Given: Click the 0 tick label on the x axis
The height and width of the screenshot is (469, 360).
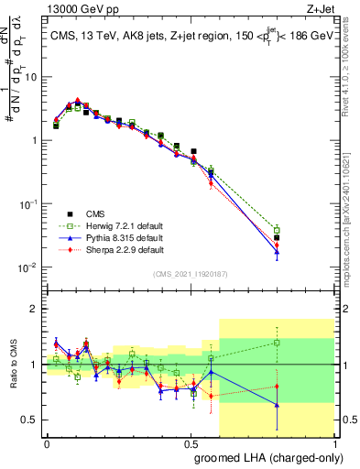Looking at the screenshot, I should coord(47,442).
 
